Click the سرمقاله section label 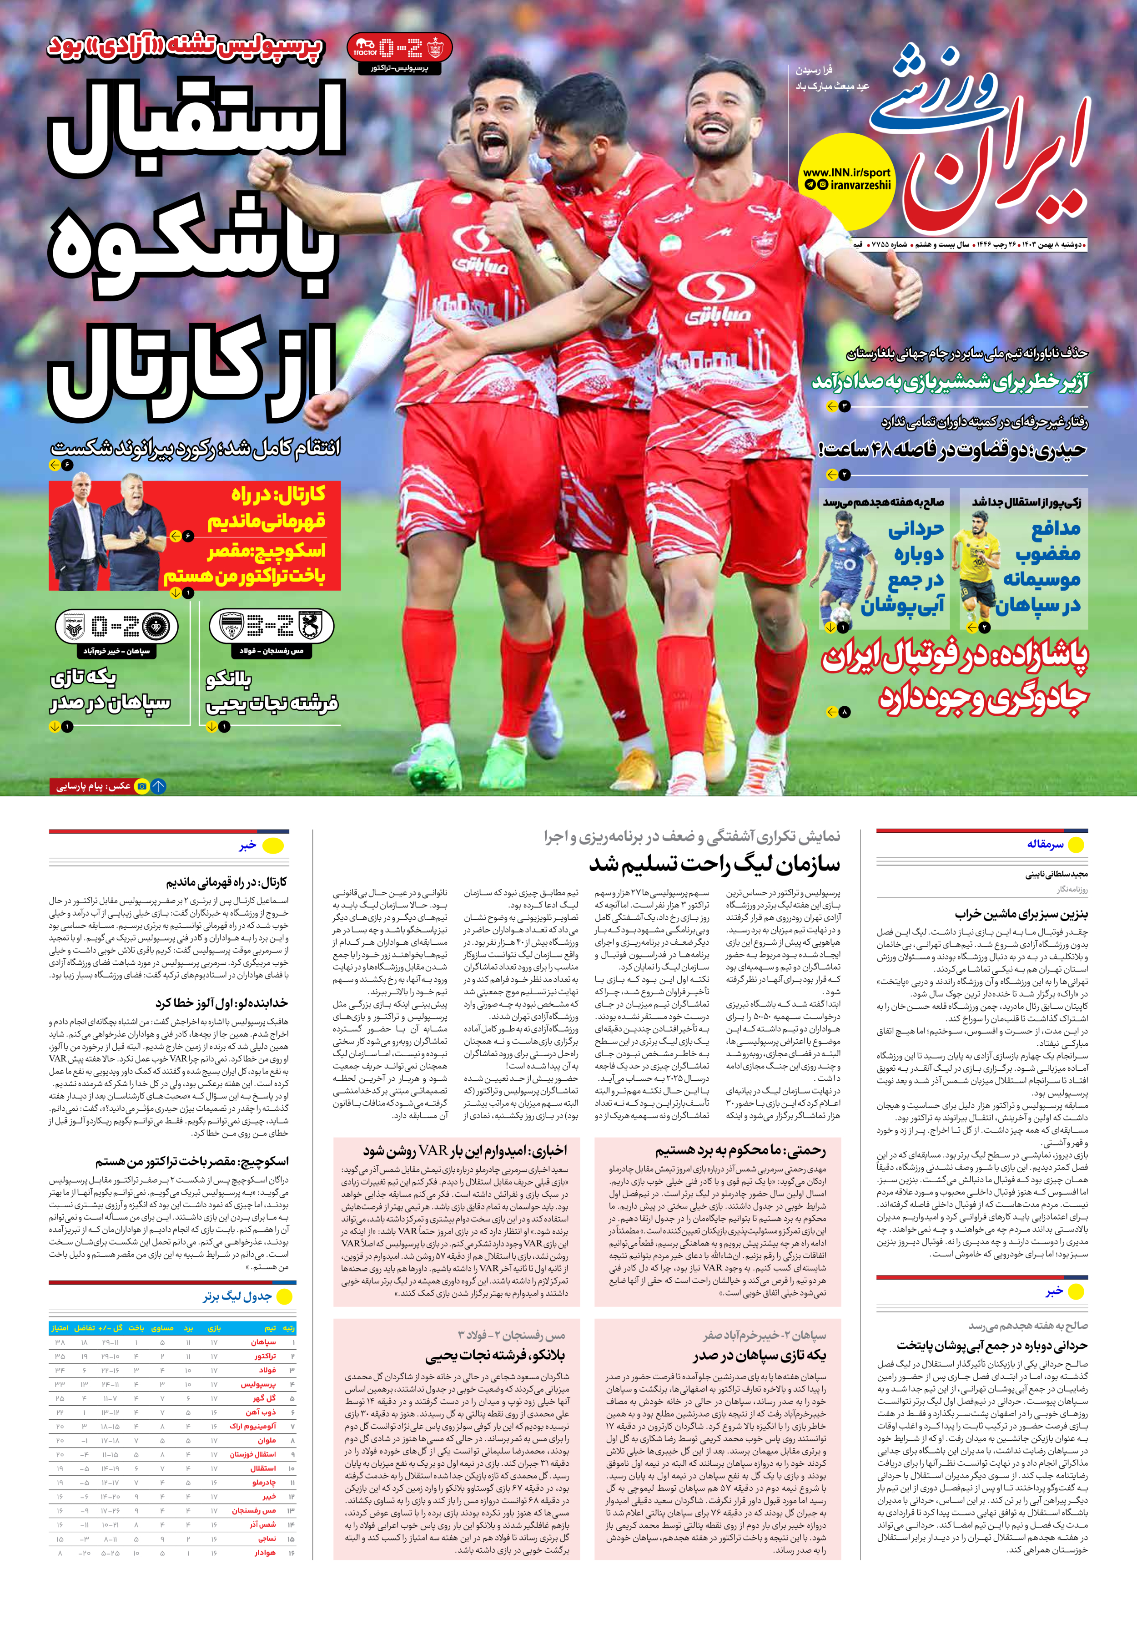pos(1045,844)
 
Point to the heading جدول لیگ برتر pos(237,1296)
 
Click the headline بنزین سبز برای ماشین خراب pos(1021,914)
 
